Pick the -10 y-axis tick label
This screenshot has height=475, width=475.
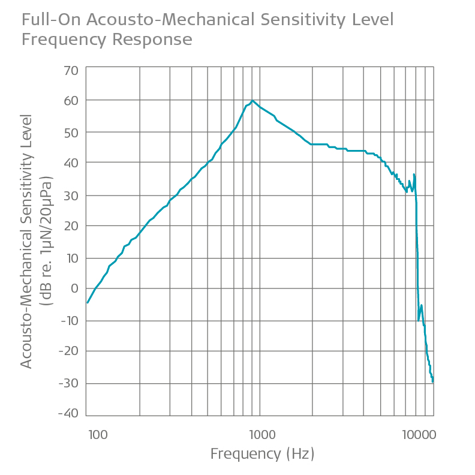click(x=68, y=320)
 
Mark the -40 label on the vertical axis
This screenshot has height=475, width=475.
click(x=68, y=413)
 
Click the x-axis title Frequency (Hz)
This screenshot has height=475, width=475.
click(x=262, y=454)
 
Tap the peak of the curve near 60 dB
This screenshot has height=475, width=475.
click(x=252, y=101)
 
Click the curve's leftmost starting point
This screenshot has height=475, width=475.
click(x=88, y=302)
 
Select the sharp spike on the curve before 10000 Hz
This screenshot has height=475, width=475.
click(x=414, y=175)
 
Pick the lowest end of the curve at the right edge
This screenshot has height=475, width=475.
click(x=432, y=381)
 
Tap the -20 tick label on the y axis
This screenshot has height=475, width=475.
click(x=68, y=351)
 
